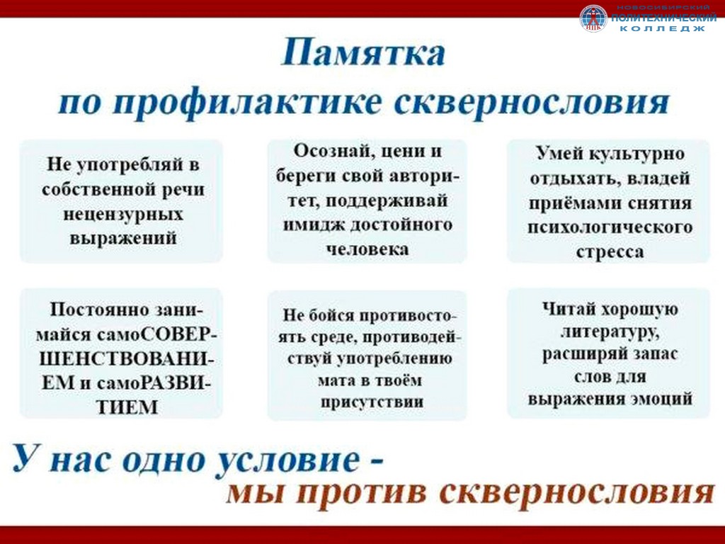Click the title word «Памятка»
[363, 52]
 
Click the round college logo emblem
[593, 18]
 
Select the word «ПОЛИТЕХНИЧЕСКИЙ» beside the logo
[663, 18]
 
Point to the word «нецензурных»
[123, 214]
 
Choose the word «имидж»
[312, 225]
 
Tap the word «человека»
[367, 249]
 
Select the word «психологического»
[610, 227]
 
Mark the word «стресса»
[610, 253]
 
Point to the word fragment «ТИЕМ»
[127, 407]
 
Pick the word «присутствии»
[372, 402]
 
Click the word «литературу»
[610, 332]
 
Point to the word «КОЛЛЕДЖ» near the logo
[662, 28]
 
